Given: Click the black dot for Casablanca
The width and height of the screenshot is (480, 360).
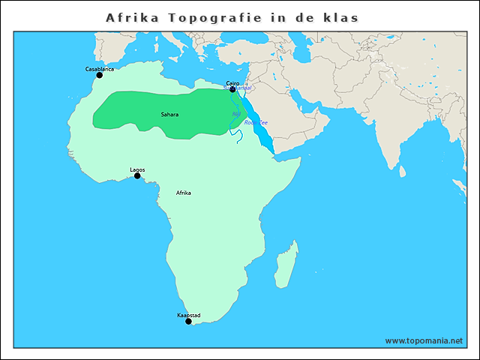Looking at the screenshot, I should click(x=99, y=75).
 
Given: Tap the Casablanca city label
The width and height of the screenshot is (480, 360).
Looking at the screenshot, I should click(x=100, y=69).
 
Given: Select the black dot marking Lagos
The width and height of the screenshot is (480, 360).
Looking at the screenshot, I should click(x=137, y=176).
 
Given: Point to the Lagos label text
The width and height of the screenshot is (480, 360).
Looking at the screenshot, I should click(x=137, y=169).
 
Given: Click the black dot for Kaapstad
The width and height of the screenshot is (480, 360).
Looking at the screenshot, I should click(x=188, y=321).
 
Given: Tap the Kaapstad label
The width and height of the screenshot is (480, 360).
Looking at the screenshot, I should click(x=188, y=315).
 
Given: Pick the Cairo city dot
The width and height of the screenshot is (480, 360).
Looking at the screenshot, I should click(x=232, y=90).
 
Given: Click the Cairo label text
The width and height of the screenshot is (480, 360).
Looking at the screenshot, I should click(x=232, y=84).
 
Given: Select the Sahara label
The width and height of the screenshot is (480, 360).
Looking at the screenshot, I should click(x=169, y=115).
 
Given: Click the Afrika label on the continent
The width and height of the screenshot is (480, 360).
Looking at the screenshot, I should click(x=183, y=193).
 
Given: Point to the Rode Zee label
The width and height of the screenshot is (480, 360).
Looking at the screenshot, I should click(x=256, y=122).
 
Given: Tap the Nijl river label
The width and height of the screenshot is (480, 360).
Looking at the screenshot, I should click(x=236, y=114).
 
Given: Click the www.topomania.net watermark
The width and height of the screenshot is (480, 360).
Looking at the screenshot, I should click(x=424, y=340).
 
